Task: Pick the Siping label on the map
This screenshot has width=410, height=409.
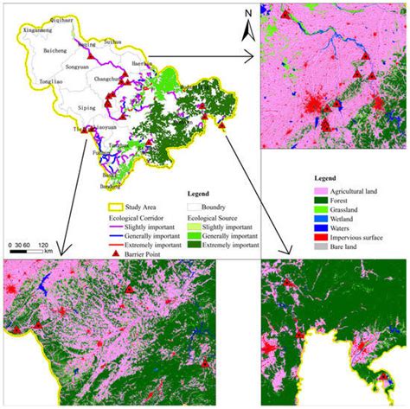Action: click(88, 108)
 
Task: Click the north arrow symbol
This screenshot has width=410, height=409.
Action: click(247, 26)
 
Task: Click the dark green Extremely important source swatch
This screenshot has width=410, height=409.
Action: click(196, 241)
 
